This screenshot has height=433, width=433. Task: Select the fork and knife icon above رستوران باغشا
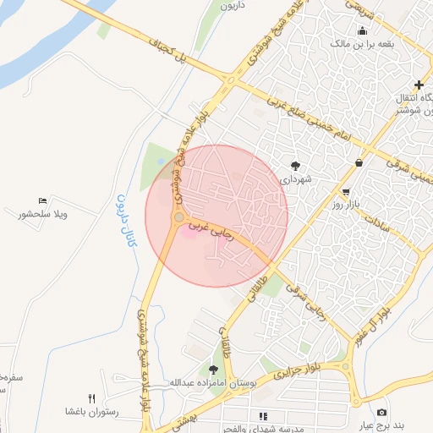point(91,398)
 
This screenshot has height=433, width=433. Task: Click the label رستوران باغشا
point(91,412)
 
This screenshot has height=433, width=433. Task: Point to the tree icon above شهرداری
point(295,166)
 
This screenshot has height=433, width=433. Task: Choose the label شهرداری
point(299,179)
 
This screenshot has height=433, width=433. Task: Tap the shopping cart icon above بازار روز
point(346,192)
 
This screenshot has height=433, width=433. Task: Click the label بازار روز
point(346,206)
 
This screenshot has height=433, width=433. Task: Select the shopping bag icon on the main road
point(359,162)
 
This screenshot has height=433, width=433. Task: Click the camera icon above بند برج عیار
point(405,412)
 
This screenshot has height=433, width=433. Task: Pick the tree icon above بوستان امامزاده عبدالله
point(214,369)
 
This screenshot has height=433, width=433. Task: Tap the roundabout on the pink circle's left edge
point(178,218)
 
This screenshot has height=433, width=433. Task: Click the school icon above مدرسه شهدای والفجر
point(263,415)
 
